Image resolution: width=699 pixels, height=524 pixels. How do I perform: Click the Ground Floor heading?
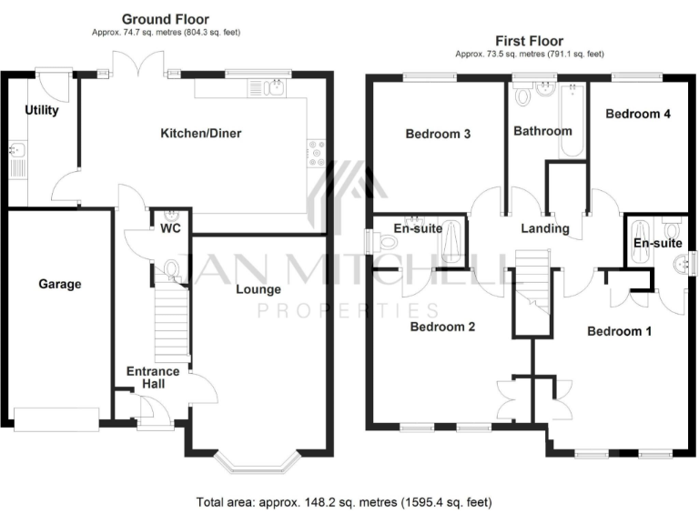tap(166, 19)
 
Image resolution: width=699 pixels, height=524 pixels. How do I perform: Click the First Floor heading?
tap(529, 41)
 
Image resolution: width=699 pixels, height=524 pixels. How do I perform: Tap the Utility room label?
tap(42, 111)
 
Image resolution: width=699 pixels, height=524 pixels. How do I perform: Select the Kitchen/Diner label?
tap(201, 134)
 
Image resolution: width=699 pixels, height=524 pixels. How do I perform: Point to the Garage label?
tap(59, 284)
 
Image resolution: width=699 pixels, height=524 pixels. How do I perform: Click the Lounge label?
tap(258, 289)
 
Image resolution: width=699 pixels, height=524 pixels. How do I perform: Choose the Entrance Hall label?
tap(152, 378)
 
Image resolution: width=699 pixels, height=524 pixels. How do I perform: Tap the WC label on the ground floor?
tap(170, 227)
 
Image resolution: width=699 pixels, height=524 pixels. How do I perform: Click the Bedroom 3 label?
tap(438, 135)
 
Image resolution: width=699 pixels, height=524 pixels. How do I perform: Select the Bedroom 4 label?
tap(638, 115)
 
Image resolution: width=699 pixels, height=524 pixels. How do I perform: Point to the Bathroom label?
tap(542, 131)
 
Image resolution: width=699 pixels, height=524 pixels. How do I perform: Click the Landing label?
tap(545, 228)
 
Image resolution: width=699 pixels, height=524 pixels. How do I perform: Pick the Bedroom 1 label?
tap(619, 331)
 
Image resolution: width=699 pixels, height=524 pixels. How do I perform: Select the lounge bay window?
tap(260, 463)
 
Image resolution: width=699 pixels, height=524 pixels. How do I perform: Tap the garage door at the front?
tap(56, 418)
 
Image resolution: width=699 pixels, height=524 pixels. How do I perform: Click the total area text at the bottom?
tap(345, 502)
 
